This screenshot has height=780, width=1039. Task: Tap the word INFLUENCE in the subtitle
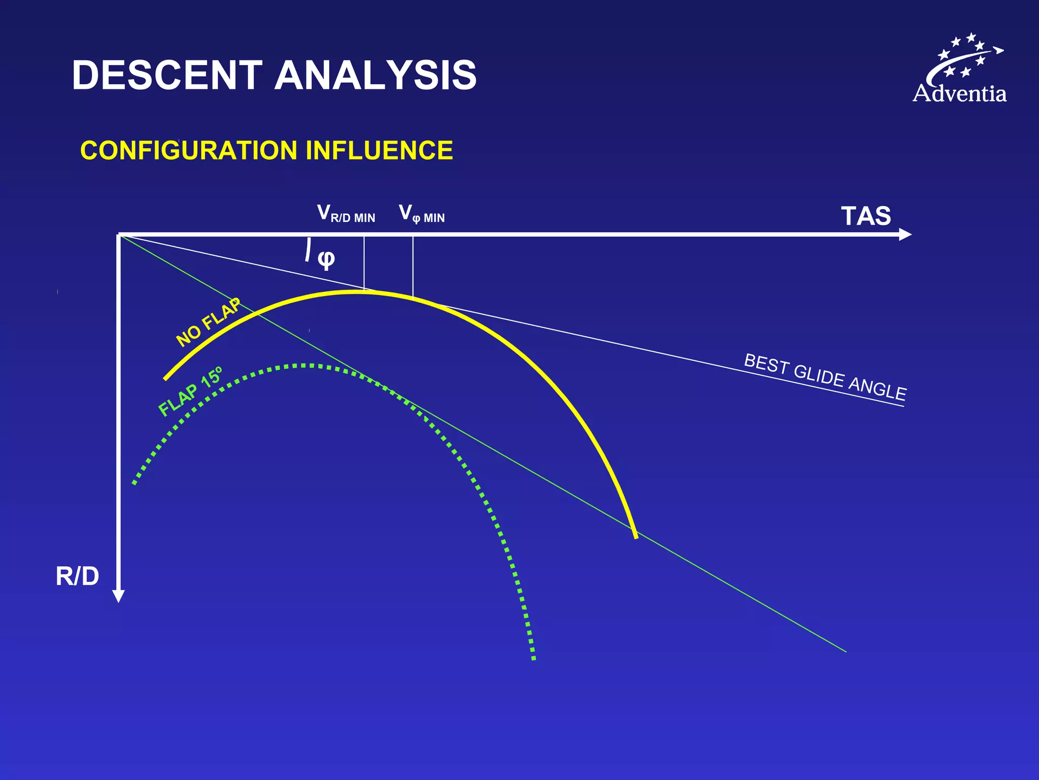click(x=379, y=150)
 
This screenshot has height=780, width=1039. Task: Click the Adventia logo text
click(x=959, y=94)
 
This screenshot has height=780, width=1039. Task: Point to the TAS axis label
click(x=865, y=216)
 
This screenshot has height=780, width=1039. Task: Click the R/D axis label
click(x=77, y=576)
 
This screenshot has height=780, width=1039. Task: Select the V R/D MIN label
click(x=346, y=214)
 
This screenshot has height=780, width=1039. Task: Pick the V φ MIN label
click(x=422, y=214)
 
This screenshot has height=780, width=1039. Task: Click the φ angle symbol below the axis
click(x=326, y=258)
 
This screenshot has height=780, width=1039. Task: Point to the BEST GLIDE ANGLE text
click(x=825, y=377)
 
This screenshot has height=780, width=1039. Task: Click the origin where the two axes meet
click(x=119, y=235)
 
